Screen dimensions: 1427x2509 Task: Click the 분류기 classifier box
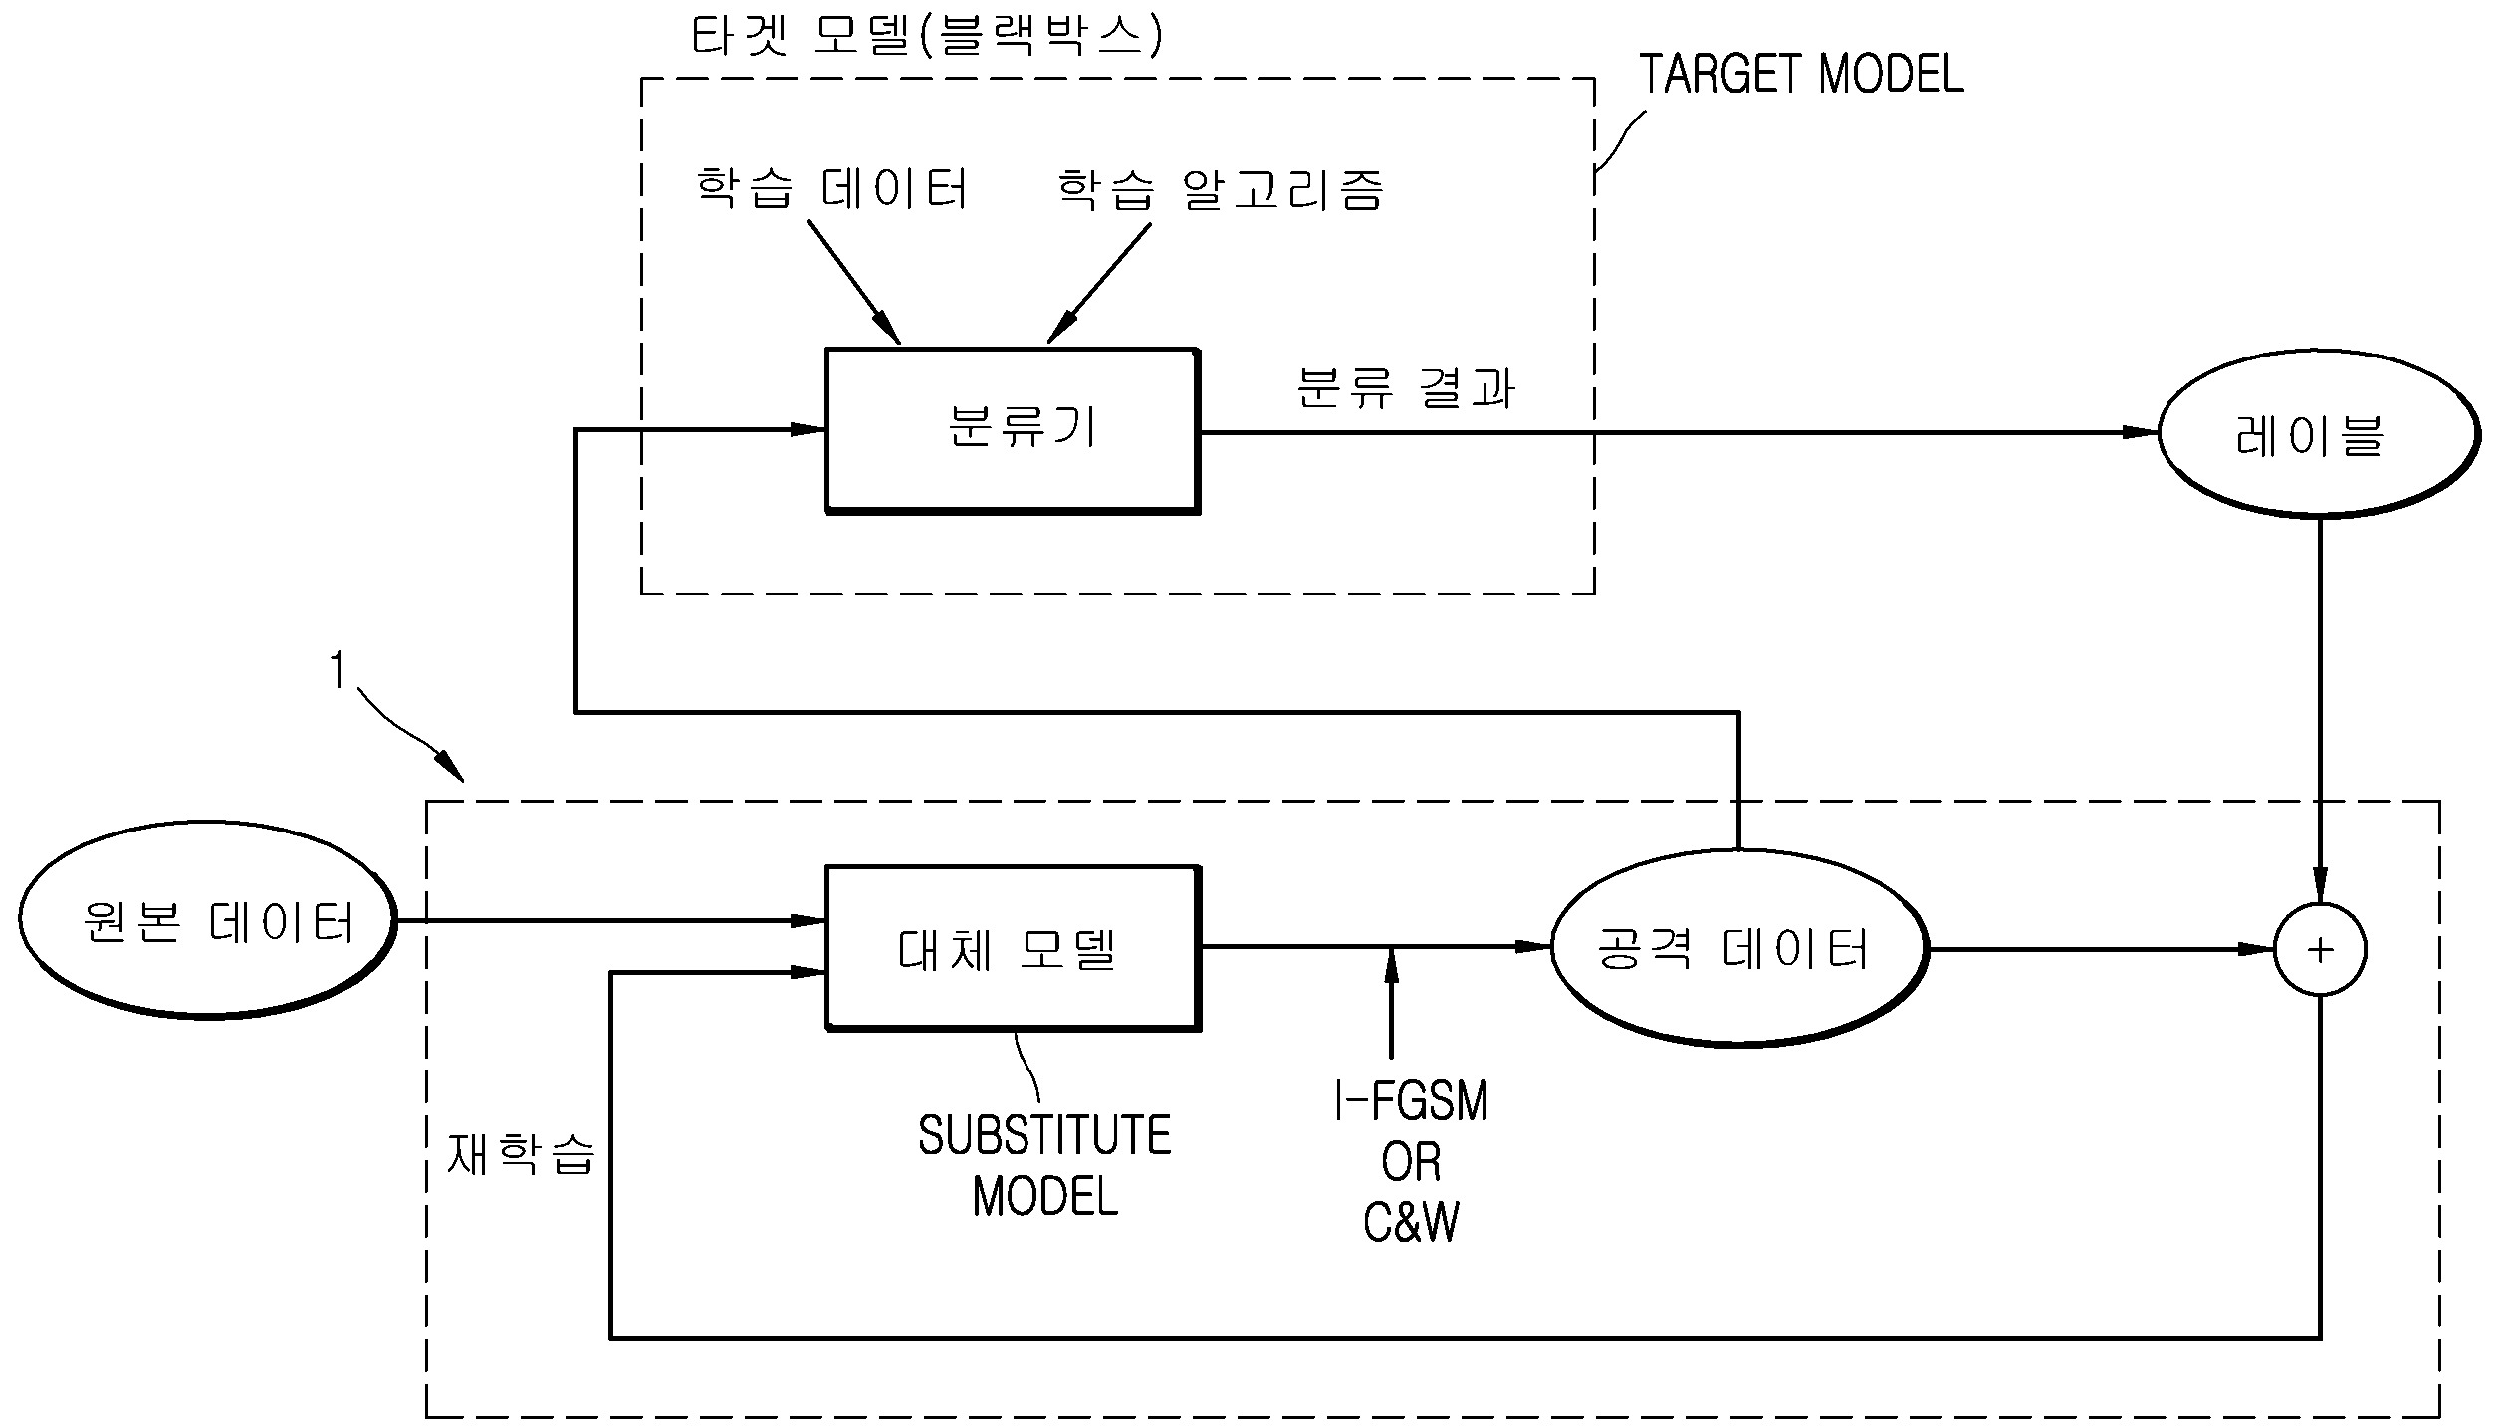(1012, 430)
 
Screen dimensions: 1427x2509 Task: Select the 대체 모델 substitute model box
(1012, 948)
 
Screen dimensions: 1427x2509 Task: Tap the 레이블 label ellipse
(2318, 434)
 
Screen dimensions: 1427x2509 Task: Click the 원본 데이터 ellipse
(207, 920)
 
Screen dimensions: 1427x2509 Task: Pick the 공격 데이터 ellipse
(1738, 948)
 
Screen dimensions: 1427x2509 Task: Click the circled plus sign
(2320, 950)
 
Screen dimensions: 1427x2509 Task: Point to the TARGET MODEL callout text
(1800, 75)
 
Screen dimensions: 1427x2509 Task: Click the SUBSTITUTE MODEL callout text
(1044, 1165)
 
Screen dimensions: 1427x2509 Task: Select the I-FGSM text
(1411, 1101)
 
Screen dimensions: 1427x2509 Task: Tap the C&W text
(1411, 1223)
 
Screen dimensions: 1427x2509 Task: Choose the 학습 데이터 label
(831, 189)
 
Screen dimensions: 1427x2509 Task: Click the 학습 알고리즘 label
(1220, 189)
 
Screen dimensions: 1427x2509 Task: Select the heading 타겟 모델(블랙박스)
(926, 38)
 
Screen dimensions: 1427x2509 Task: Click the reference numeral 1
(339, 671)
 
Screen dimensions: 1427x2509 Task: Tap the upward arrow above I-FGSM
(1391, 964)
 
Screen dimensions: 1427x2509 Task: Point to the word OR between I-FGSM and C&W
(1411, 1162)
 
